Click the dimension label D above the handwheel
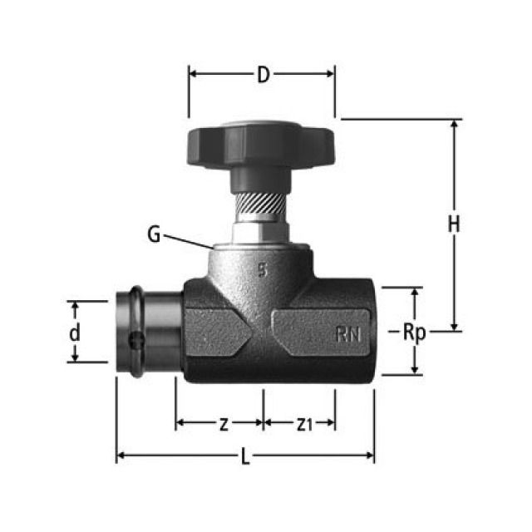pos(263,75)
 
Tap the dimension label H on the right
pos(454,224)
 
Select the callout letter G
pos(154,234)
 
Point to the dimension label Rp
pos(414,332)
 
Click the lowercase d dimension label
pos(75,332)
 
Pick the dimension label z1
pos(304,425)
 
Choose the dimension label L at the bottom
pos(244,457)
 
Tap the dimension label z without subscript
pos(223,425)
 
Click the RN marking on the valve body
pos(348,334)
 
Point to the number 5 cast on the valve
pos(263,269)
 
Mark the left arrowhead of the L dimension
pos(121,455)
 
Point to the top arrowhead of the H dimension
pos(455,125)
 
